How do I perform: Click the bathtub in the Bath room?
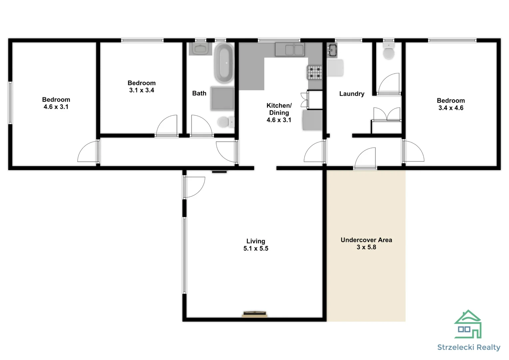click(224, 63)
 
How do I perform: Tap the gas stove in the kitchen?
click(314, 72)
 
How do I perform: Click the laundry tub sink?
click(332, 50)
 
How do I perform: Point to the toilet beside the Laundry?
click(388, 52)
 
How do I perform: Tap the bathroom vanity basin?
click(200, 49)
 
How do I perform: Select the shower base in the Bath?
click(222, 98)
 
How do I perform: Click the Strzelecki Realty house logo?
click(468, 325)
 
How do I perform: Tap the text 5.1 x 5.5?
click(255, 248)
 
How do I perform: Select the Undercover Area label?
click(366, 240)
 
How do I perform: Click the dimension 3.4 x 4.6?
click(451, 108)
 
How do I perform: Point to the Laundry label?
click(351, 94)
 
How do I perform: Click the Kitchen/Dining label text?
click(279, 109)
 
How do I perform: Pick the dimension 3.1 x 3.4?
click(142, 90)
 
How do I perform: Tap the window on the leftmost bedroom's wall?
click(10, 103)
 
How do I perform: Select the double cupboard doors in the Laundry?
click(386, 115)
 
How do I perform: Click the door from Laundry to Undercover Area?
click(366, 159)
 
